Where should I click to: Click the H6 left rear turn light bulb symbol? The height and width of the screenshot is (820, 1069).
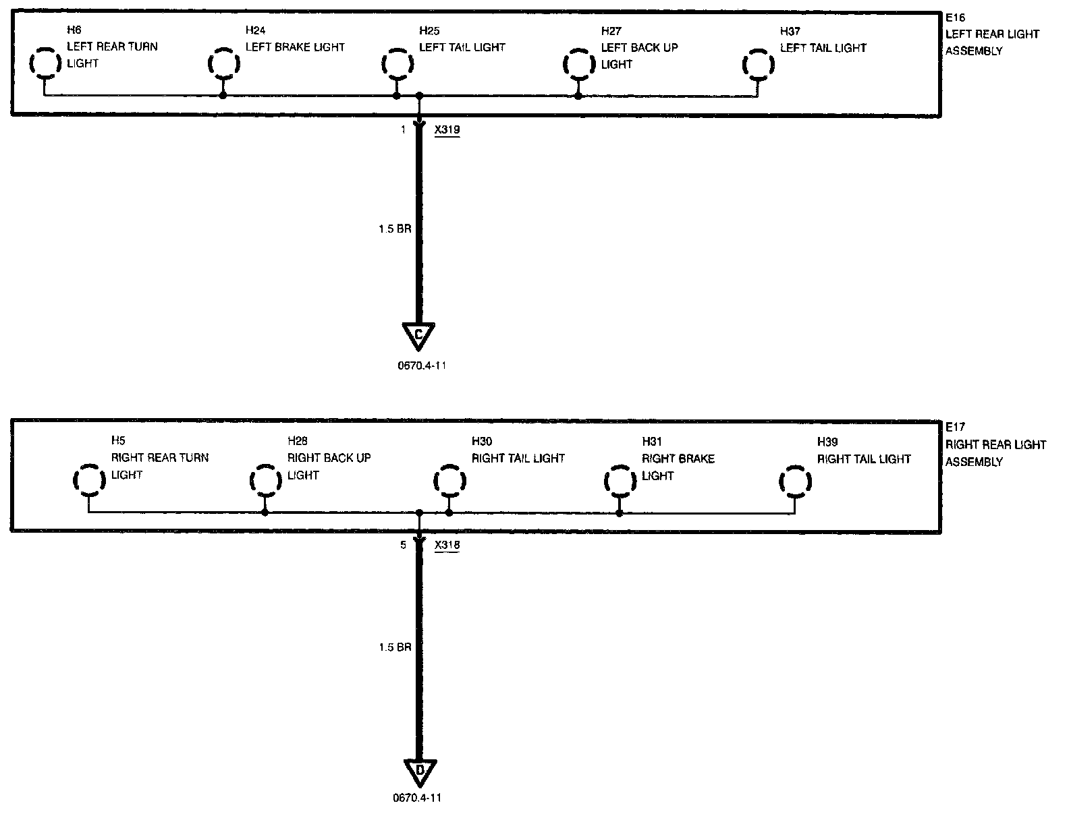(45, 63)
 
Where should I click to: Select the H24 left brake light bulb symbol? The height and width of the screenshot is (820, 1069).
(223, 64)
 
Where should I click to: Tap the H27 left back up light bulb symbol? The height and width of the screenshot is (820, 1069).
(578, 64)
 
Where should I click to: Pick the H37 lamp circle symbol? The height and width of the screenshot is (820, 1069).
(757, 65)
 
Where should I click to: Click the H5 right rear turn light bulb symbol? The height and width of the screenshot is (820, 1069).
(88, 480)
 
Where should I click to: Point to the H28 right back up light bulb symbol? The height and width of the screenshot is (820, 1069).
(265, 481)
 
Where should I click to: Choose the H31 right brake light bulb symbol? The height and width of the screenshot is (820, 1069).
(620, 481)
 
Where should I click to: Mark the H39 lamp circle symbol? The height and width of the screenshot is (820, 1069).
(795, 481)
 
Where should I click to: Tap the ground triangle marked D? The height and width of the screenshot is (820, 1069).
(420, 771)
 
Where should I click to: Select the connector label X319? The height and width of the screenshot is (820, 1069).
(447, 130)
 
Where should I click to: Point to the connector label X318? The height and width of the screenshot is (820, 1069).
(447, 546)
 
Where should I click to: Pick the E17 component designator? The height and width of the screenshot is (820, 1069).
(956, 428)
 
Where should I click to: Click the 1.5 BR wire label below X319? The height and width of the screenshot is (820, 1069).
(395, 229)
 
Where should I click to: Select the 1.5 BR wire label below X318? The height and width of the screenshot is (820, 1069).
(395, 647)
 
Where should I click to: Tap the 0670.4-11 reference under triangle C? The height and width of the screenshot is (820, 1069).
(420, 366)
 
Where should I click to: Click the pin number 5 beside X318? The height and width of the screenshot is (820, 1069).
(403, 546)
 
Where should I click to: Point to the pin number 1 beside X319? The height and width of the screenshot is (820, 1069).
(404, 130)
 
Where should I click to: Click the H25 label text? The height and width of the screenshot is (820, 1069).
(429, 31)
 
